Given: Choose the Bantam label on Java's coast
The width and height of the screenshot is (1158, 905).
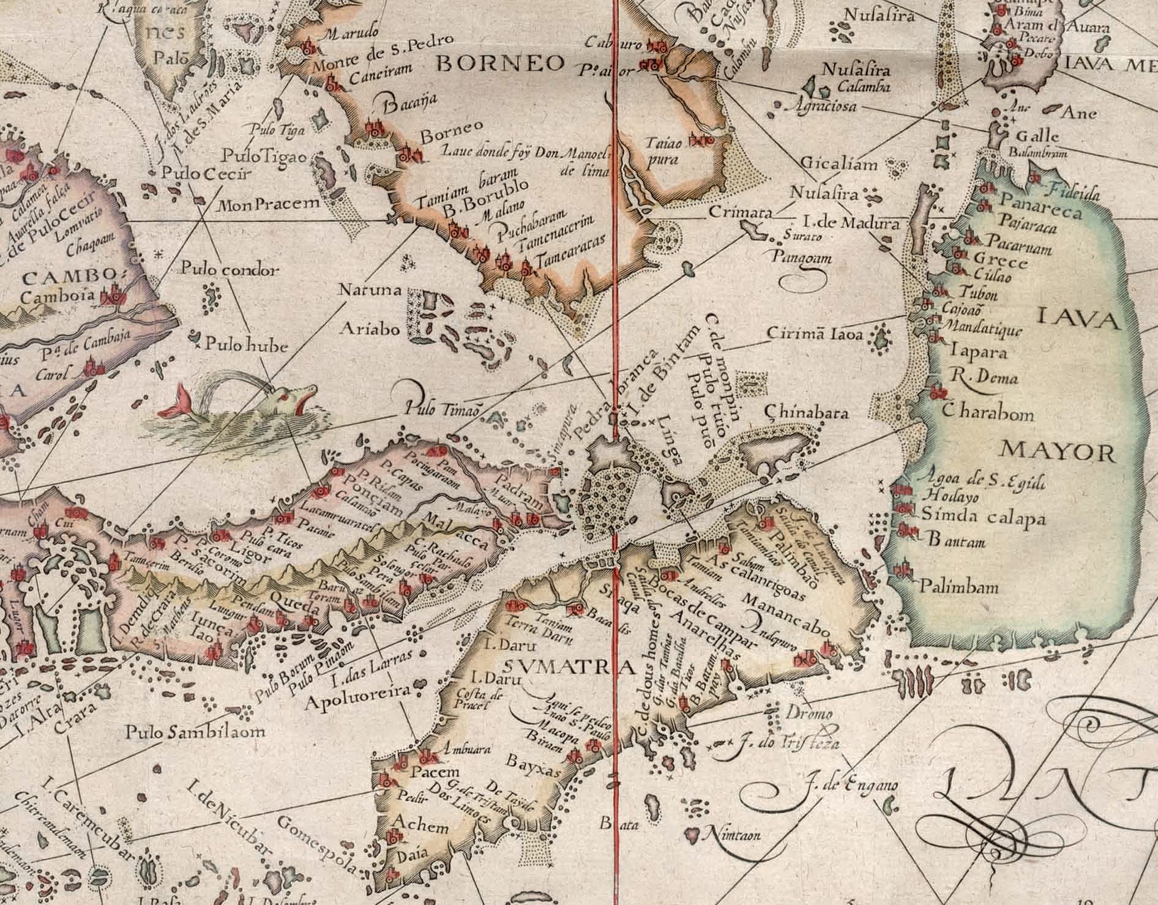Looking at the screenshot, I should click(957, 542).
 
